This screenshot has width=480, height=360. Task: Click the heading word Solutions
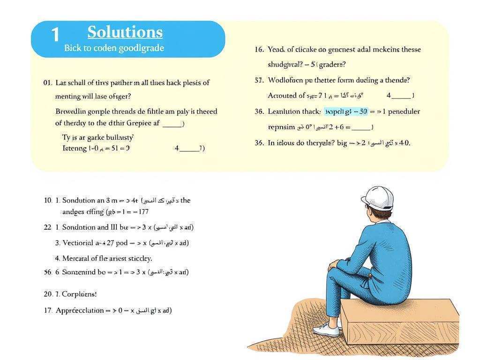click(125, 32)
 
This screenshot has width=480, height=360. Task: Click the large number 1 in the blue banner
click(55, 35)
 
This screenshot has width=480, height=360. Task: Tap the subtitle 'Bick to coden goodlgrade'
click(114, 48)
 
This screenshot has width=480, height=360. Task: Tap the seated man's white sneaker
click(326, 329)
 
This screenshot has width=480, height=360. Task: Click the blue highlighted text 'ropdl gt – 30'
click(346, 112)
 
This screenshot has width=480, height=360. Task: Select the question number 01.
click(47, 82)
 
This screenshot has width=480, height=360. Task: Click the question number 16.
click(259, 49)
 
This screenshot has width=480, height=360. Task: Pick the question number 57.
click(259, 80)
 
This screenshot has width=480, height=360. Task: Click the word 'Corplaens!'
click(79, 294)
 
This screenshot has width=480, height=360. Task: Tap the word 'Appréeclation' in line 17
click(80, 310)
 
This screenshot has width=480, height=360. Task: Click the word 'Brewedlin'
click(71, 112)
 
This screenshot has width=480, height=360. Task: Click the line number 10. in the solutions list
click(48, 200)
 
